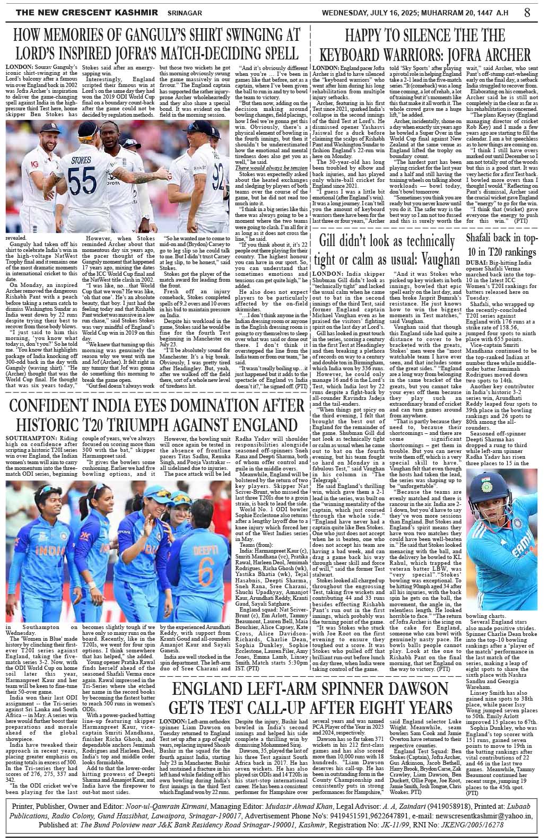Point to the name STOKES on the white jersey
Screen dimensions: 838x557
[81, 160]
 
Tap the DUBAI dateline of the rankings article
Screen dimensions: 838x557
[476, 263]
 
